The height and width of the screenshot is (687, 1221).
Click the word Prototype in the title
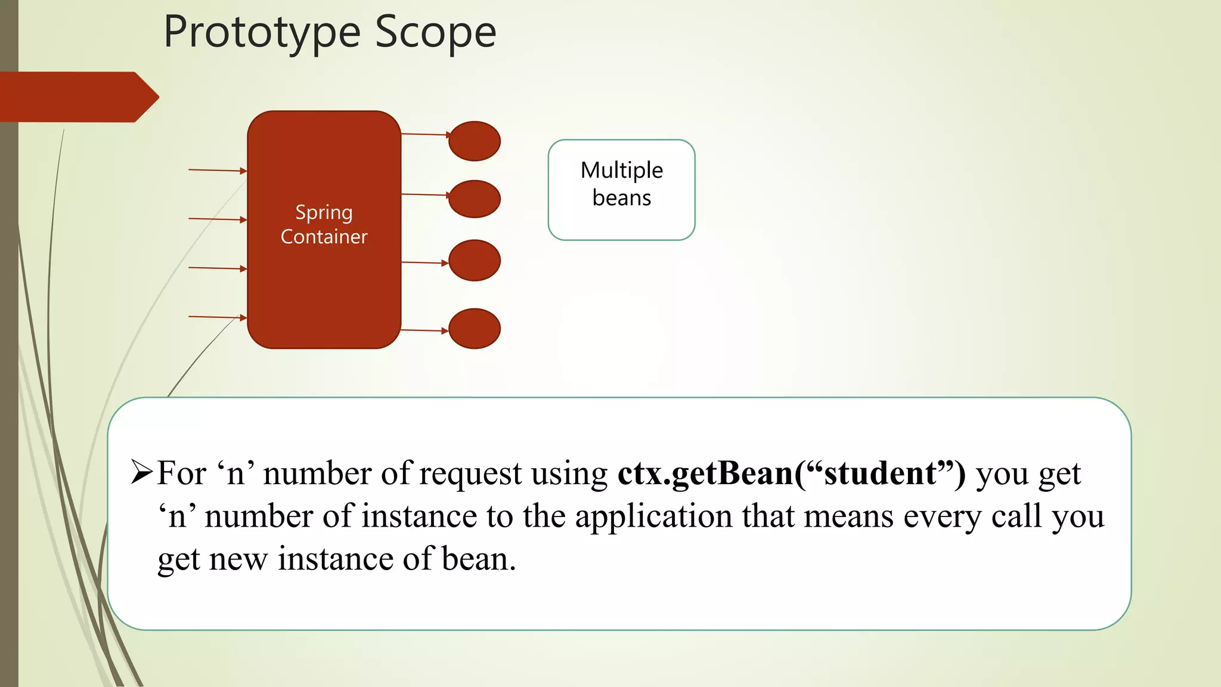(262, 33)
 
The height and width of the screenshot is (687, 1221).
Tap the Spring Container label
(324, 225)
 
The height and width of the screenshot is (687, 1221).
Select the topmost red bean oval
(474, 141)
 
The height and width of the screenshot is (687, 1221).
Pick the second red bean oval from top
(474, 199)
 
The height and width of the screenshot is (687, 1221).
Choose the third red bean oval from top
(474, 261)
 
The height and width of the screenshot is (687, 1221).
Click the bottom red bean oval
(474, 329)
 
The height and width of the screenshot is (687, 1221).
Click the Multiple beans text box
(621, 190)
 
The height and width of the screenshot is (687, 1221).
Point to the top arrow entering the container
(217, 171)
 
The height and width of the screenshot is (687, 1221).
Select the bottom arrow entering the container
(217, 317)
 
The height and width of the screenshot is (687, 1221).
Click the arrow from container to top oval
(424, 135)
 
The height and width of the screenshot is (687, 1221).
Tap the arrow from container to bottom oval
(424, 330)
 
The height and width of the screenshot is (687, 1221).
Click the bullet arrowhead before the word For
(142, 473)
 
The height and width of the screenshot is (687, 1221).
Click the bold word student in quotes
(880, 474)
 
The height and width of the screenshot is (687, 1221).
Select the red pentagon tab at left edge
(78, 97)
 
